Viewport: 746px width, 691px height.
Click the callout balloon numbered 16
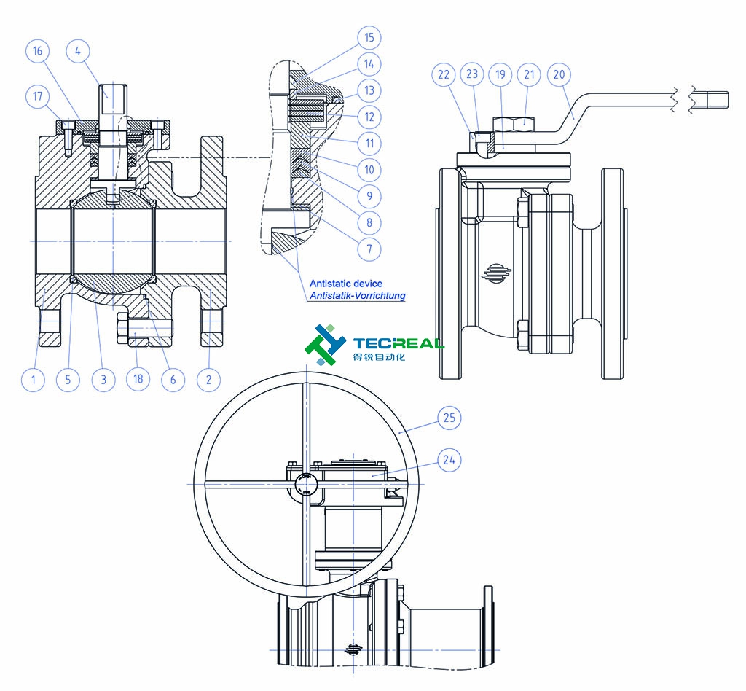pyautogui.click(x=38, y=51)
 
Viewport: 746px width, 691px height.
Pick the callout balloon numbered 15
pyautogui.click(x=369, y=37)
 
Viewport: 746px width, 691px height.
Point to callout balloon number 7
pyautogui.click(x=369, y=249)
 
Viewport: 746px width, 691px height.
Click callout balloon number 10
pyautogui.click(x=369, y=170)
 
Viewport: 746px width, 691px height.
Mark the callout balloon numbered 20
pyautogui.click(x=561, y=74)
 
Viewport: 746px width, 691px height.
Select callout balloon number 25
pyautogui.click(x=449, y=418)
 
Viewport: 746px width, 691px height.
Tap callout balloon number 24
pyautogui.click(x=449, y=459)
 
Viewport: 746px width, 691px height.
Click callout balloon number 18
pyautogui.click(x=138, y=380)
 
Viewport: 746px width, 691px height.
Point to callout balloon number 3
pyautogui.click(x=103, y=380)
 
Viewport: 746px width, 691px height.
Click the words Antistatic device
pyautogui.click(x=345, y=283)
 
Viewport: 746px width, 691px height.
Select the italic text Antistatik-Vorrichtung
pyautogui.click(x=357, y=295)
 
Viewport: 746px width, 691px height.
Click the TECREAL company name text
pyautogui.click(x=398, y=343)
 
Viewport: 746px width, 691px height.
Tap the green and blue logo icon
pyautogui.click(x=326, y=345)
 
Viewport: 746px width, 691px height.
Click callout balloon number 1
pyautogui.click(x=33, y=380)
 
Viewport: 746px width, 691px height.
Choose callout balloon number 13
pyautogui.click(x=369, y=90)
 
